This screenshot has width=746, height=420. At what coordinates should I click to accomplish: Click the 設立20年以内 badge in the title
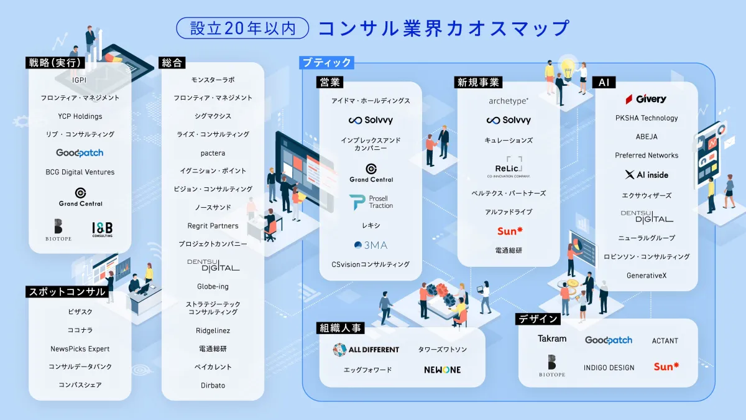tap(242, 28)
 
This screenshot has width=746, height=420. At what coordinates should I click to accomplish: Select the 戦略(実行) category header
tap(55, 63)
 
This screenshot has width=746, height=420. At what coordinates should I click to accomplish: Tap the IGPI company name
tap(80, 80)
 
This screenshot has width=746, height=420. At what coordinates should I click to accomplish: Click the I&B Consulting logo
tap(103, 230)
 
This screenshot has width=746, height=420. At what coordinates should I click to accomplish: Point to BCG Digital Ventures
tap(80, 172)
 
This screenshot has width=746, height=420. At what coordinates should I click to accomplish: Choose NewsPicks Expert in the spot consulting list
tap(80, 348)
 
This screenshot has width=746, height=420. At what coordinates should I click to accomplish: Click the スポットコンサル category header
tap(67, 292)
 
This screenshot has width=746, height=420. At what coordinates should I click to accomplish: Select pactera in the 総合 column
tap(213, 153)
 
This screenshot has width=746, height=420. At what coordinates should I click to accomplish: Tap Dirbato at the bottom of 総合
tap(213, 385)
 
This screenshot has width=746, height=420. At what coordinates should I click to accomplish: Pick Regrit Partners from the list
tap(213, 226)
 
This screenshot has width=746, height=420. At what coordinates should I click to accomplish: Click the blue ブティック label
tap(327, 63)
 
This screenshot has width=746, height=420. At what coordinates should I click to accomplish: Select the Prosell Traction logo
tap(371, 202)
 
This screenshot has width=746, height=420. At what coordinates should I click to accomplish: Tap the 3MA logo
tap(371, 245)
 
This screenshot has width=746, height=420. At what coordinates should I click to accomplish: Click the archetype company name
tap(509, 101)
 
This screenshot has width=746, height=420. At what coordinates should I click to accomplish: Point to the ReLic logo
tap(509, 167)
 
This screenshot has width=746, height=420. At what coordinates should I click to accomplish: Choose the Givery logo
tap(646, 99)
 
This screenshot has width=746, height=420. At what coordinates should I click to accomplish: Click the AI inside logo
tap(647, 175)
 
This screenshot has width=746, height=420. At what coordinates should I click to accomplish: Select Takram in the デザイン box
tap(552, 338)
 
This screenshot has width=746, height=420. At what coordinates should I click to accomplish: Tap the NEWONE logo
tap(442, 370)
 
